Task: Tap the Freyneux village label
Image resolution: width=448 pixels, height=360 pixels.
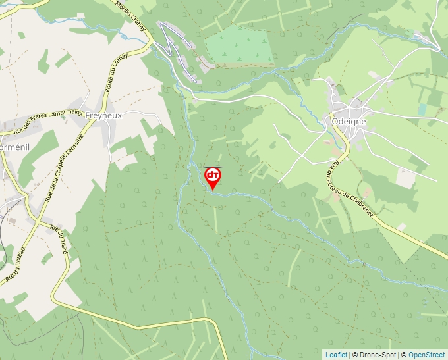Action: [103, 115]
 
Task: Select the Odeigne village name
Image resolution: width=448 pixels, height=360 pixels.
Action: [349, 122]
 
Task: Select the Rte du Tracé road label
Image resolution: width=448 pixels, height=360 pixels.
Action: [63, 235]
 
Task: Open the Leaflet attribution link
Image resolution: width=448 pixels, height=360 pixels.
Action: [336, 355]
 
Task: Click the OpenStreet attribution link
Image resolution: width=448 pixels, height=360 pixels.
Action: [427, 355]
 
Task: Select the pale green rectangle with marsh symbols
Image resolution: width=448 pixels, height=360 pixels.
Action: [239, 46]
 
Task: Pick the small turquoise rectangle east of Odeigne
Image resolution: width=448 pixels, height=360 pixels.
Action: [422, 109]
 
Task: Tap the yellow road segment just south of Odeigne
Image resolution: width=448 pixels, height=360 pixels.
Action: [341, 138]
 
